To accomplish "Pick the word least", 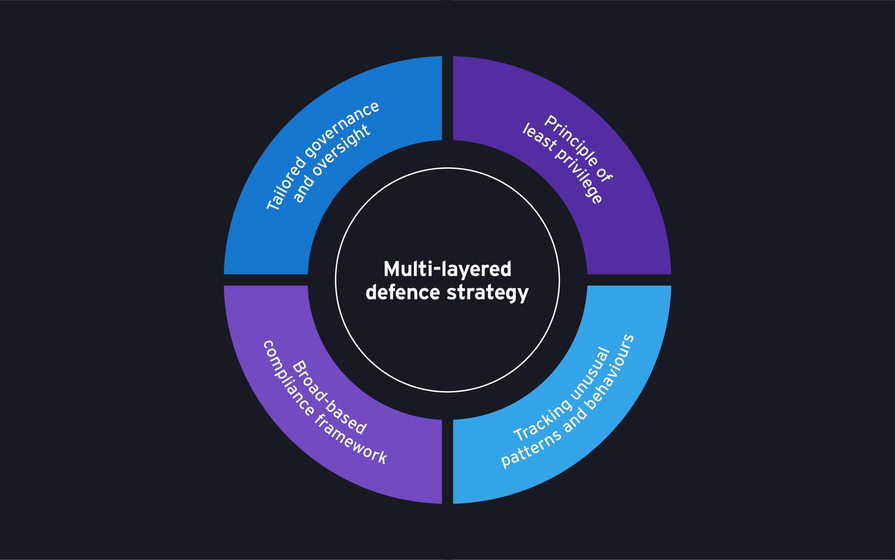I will coord(540,140).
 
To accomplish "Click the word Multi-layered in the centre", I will coord(447,269).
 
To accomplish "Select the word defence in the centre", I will coord(402,292).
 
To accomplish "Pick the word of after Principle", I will coord(605,175).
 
